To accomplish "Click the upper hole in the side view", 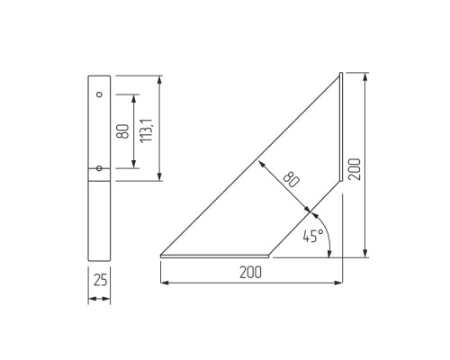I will [100, 94].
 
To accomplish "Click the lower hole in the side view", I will [100, 166].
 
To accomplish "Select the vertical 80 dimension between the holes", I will [122, 130].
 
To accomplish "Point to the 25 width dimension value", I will [100, 280].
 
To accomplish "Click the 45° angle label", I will [312, 238].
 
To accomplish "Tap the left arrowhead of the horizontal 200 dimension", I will [164, 283].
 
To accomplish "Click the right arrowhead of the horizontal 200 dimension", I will [339, 283].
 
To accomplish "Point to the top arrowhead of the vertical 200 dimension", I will [364, 77].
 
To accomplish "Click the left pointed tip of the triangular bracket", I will [162, 256].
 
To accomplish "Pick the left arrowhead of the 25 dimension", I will [91, 298].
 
